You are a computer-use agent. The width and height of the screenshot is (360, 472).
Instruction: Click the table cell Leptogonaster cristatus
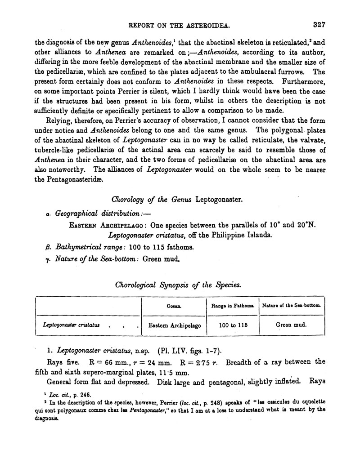click(72, 324)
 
